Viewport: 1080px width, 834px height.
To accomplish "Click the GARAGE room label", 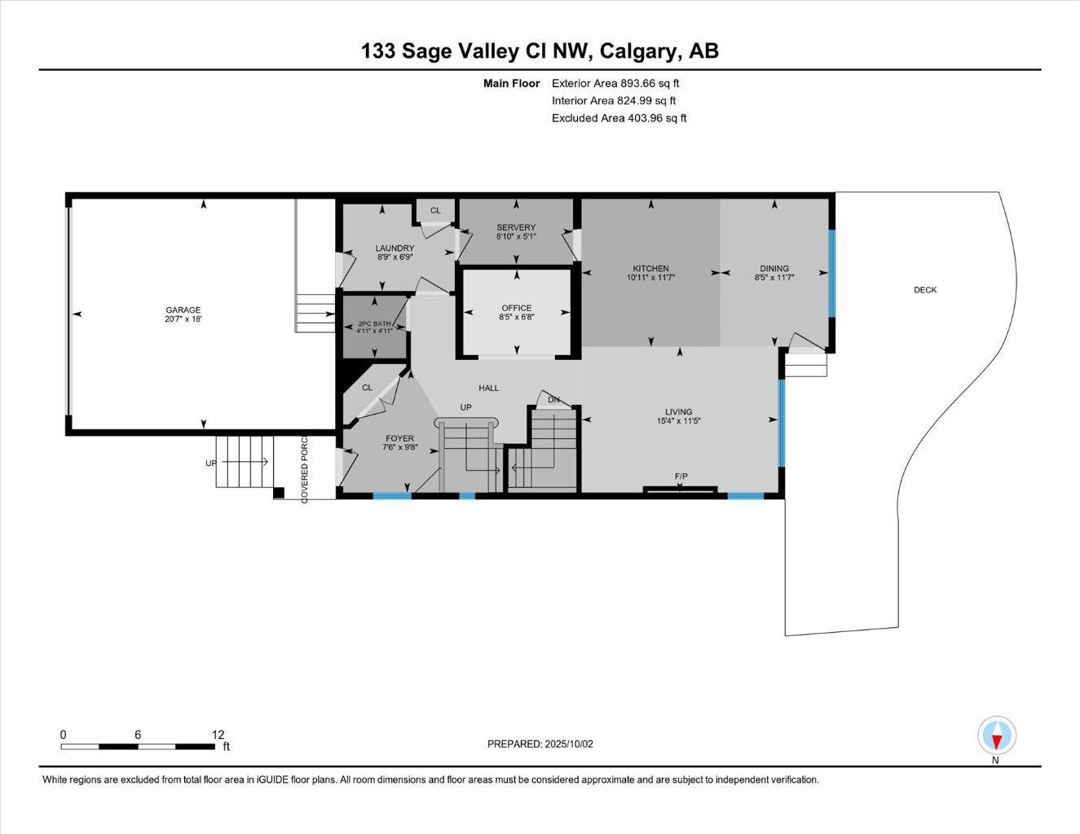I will [x=183, y=309].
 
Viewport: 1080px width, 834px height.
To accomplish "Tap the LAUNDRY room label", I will [x=395, y=248].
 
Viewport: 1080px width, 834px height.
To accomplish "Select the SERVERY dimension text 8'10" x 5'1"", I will [x=516, y=237].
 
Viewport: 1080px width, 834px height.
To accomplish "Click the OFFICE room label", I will [x=517, y=308].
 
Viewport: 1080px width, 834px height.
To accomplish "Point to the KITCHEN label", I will [x=650, y=269].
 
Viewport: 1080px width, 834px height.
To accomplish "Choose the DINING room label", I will [x=774, y=269].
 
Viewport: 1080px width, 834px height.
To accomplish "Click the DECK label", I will [x=925, y=290].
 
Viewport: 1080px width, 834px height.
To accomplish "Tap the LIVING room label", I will [x=678, y=412].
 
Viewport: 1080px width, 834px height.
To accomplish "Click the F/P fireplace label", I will [x=681, y=476].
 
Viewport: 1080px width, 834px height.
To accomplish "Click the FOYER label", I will [x=399, y=438].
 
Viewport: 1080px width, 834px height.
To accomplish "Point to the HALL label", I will [x=489, y=388].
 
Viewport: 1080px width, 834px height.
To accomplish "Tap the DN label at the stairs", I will [x=554, y=399].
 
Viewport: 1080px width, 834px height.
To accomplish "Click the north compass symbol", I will [x=996, y=737].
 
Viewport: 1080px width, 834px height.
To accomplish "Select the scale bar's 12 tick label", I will [x=218, y=735].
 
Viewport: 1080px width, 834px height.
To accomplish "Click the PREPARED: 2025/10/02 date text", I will [x=540, y=744].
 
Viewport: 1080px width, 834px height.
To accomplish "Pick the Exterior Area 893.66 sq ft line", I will [x=615, y=83].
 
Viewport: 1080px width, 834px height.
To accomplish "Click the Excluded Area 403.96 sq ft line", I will [x=619, y=118].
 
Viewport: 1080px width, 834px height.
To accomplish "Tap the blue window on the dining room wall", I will [x=832, y=273].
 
